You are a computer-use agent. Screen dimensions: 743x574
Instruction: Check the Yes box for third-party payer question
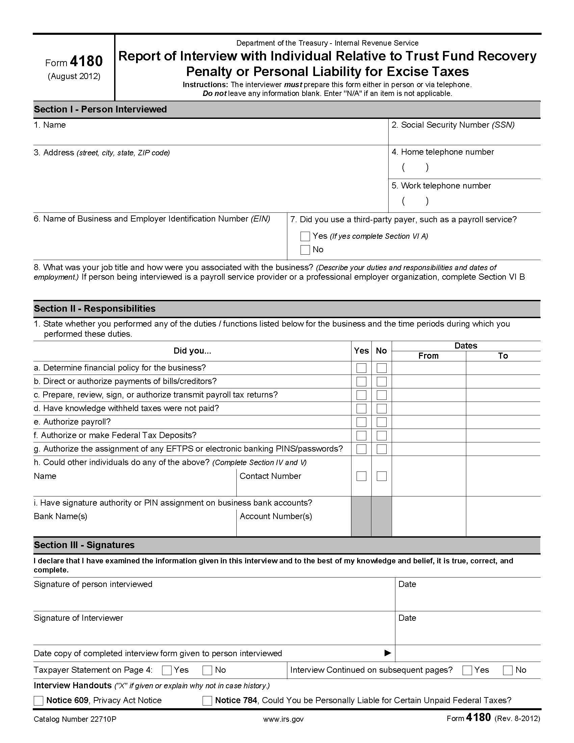pyautogui.click(x=305, y=236)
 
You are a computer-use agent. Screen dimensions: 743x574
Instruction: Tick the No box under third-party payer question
pyautogui.click(x=305, y=250)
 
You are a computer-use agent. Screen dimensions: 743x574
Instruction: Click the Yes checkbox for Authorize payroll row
pyautogui.click(x=361, y=422)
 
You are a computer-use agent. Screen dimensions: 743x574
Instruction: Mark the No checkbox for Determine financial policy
pyautogui.click(x=382, y=368)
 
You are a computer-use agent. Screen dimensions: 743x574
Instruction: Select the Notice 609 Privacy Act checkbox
pyautogui.click(x=38, y=700)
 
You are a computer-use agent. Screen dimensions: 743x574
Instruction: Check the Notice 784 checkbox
pyautogui.click(x=207, y=700)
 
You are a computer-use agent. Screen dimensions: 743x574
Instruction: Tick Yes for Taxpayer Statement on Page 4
pyautogui.click(x=166, y=670)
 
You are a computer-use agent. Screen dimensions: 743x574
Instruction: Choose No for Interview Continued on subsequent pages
pyautogui.click(x=507, y=670)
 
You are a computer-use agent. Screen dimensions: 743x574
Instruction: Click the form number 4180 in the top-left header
pyautogui.click(x=86, y=61)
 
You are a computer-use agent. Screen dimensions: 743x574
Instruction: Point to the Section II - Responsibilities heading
pyautogui.click(x=95, y=309)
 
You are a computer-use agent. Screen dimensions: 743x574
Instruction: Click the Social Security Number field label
pyautogui.click(x=452, y=125)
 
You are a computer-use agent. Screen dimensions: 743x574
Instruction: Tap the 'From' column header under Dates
pyautogui.click(x=428, y=356)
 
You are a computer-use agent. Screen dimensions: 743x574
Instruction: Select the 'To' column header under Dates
pyautogui.click(x=503, y=356)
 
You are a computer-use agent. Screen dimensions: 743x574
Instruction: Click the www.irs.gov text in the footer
pyautogui.click(x=283, y=719)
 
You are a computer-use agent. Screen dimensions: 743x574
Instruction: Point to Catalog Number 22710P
pyautogui.click(x=75, y=719)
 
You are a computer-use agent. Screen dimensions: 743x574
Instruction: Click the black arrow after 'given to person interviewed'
pyautogui.click(x=387, y=653)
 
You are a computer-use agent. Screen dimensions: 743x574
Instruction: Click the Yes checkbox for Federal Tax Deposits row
pyautogui.click(x=361, y=435)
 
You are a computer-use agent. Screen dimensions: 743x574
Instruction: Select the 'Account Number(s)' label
pyautogui.click(x=276, y=516)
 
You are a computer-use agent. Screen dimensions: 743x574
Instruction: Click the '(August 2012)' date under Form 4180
pyautogui.click(x=74, y=76)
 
